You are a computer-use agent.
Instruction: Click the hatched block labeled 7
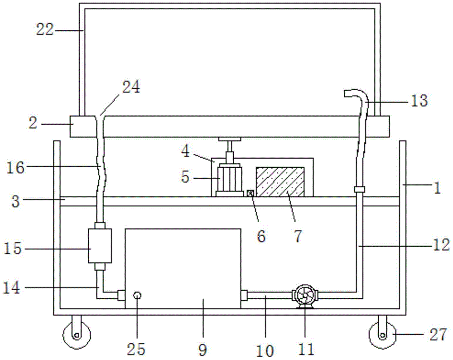pyautogui.click(x=280, y=181)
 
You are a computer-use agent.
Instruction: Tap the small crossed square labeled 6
pyautogui.click(x=250, y=193)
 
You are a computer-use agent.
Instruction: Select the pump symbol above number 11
pyautogui.click(x=305, y=296)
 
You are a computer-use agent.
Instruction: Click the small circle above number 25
pyautogui.click(x=137, y=296)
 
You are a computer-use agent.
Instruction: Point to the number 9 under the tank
pyautogui.click(x=202, y=350)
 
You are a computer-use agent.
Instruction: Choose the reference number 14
pyautogui.click(x=14, y=287)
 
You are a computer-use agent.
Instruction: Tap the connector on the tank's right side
pyautogui.click(x=244, y=296)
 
